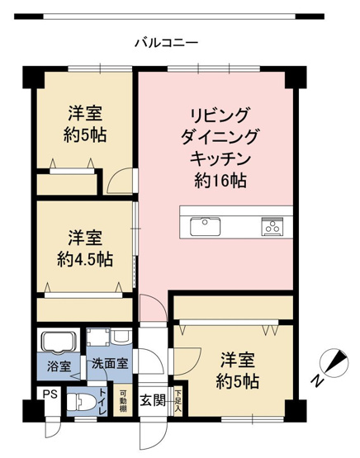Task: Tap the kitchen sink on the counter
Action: point(203,224)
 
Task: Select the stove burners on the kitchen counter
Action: point(272,224)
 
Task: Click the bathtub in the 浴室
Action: point(57,341)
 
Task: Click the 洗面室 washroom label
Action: point(109,364)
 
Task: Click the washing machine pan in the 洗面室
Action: point(100,339)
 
